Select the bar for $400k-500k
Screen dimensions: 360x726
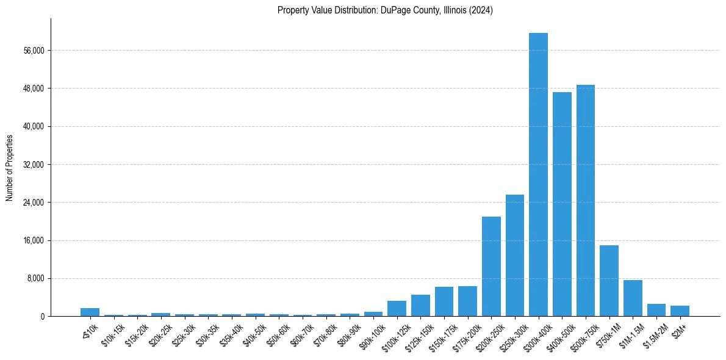pyautogui.click(x=562, y=204)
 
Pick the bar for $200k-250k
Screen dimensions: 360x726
pyautogui.click(x=491, y=266)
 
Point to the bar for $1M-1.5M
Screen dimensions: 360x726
pyautogui.click(x=633, y=298)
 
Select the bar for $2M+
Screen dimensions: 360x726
pyautogui.click(x=680, y=311)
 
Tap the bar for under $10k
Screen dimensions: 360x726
pyautogui.click(x=90, y=312)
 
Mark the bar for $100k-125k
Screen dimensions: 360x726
pyautogui.click(x=397, y=308)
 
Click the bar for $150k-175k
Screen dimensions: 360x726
pyautogui.click(x=444, y=301)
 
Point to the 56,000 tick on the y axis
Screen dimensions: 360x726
pyautogui.click(x=34, y=51)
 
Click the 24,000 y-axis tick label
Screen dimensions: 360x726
pyautogui.click(x=34, y=203)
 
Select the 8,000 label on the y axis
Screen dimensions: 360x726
pyautogui.click(x=35, y=279)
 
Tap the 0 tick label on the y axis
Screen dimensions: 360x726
pyautogui.click(x=42, y=317)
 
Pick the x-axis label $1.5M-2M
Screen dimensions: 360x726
pyautogui.click(x=655, y=334)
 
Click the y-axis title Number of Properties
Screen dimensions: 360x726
pyautogui.click(x=10, y=168)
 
